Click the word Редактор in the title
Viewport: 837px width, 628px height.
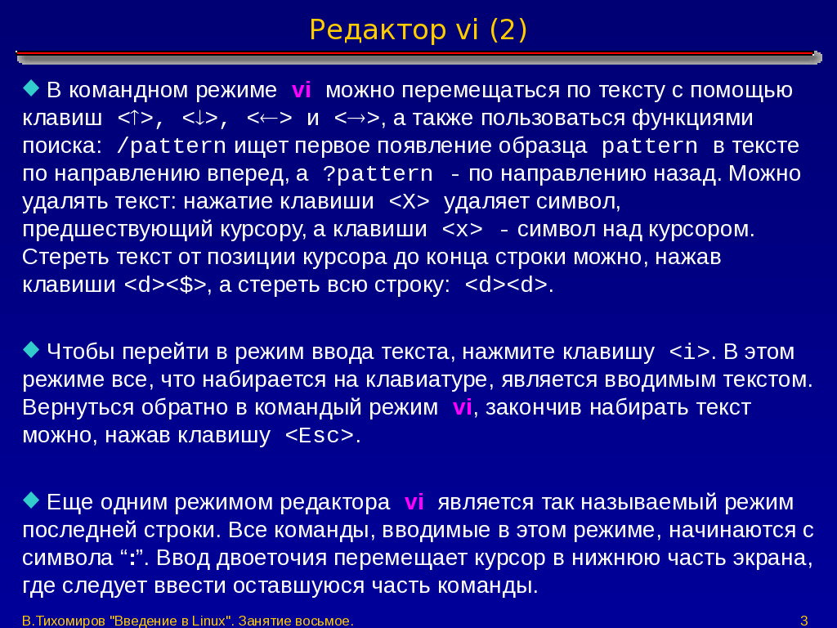[378, 30]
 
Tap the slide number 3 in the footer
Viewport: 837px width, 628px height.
[804, 621]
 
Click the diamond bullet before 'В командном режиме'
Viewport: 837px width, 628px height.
[32, 88]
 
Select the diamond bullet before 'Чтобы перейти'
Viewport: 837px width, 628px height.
[32, 350]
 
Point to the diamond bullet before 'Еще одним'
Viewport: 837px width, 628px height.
[32, 500]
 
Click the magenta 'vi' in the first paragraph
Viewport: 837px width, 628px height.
[301, 90]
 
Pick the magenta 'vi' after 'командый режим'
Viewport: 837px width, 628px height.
[463, 407]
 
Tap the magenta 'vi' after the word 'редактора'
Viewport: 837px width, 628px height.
[414, 503]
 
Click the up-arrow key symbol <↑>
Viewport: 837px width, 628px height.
[136, 118]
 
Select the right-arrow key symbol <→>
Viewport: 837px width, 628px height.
[356, 118]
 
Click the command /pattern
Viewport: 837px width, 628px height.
[171, 146]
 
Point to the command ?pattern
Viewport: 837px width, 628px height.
[378, 174]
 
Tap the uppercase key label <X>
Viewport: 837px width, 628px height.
[410, 201]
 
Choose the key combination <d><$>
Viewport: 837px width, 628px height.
[165, 285]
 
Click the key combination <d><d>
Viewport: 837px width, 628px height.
[506, 285]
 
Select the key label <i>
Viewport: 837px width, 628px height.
[690, 352]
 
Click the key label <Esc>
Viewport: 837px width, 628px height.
[320, 436]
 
